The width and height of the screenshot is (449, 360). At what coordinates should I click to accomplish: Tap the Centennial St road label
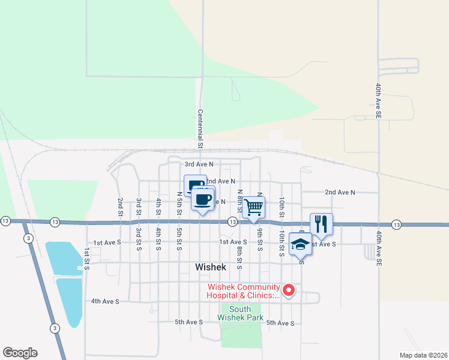(200, 129)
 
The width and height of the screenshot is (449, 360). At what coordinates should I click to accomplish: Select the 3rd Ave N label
(199, 164)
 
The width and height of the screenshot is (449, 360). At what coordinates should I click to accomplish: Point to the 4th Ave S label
(105, 301)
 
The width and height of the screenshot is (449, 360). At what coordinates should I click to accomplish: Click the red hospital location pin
(289, 290)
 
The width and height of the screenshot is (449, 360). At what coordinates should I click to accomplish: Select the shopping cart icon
(254, 207)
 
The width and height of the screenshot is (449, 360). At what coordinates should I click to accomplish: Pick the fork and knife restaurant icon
(321, 224)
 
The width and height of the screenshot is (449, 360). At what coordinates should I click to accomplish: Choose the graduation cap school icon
(300, 244)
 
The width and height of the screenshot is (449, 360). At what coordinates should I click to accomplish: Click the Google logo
(20, 353)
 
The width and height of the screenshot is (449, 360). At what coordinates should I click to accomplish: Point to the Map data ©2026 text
(423, 355)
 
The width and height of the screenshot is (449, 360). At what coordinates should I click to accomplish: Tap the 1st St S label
(87, 257)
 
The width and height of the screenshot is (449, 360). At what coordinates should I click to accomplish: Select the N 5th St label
(179, 203)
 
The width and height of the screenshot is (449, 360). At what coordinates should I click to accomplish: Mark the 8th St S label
(239, 256)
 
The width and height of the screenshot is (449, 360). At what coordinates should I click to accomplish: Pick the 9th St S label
(260, 240)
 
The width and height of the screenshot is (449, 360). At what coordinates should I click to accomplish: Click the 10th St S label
(281, 243)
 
